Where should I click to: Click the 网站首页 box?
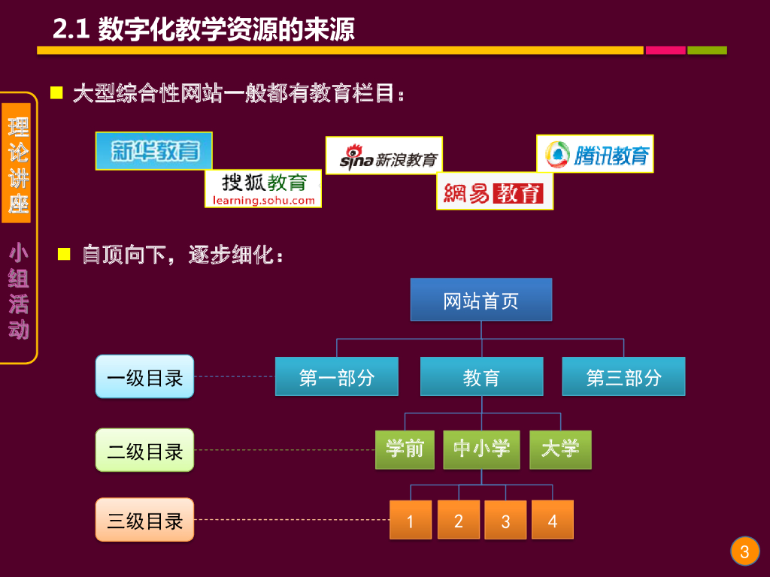click(x=480, y=300)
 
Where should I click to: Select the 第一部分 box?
click(x=336, y=376)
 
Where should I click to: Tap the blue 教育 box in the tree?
click(x=481, y=376)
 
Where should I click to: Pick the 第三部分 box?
click(x=623, y=376)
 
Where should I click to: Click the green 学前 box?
click(x=405, y=449)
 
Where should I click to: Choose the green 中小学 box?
click(x=481, y=449)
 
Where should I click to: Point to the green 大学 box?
click(x=560, y=449)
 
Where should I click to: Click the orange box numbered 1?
click(x=410, y=520)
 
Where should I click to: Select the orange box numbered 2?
click(x=458, y=520)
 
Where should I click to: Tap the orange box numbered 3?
click(x=505, y=520)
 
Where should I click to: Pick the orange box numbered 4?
click(x=553, y=520)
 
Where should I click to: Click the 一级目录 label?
click(x=144, y=376)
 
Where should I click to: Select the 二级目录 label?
click(x=144, y=450)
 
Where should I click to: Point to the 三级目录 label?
click(x=144, y=520)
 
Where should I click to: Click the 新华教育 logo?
click(x=154, y=151)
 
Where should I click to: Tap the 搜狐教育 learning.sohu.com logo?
click(x=263, y=189)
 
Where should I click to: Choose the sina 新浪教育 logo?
click(x=383, y=156)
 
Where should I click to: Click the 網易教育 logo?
click(x=494, y=191)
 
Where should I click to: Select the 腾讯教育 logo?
click(x=594, y=153)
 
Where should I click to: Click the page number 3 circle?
click(x=744, y=552)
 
